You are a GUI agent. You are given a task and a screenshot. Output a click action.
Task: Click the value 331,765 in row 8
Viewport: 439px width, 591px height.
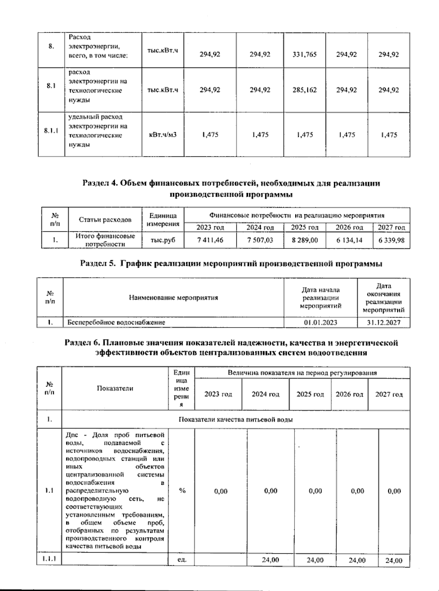pyautogui.click(x=304, y=55)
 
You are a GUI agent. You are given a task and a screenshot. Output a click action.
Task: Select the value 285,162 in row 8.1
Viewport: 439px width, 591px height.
pyautogui.click(x=304, y=90)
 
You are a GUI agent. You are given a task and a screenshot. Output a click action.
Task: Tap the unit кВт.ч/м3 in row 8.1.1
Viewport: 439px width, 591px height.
pyautogui.click(x=162, y=135)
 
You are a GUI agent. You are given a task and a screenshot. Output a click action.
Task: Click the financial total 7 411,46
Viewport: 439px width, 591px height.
pyautogui.click(x=210, y=240)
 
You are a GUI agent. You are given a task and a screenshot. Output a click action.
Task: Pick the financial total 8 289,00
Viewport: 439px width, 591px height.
pyautogui.click(x=304, y=240)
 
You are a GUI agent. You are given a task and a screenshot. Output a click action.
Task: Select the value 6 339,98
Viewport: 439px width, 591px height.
pyautogui.click(x=391, y=240)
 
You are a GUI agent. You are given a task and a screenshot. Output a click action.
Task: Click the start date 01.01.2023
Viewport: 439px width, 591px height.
pyautogui.click(x=320, y=323)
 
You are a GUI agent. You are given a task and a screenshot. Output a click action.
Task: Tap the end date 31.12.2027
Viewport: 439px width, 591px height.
pyautogui.click(x=383, y=323)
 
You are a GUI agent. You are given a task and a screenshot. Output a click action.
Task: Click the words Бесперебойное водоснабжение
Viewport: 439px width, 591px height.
pyautogui.click(x=116, y=323)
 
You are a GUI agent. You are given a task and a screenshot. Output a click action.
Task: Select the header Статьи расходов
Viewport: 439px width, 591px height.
pyautogui.click(x=105, y=220)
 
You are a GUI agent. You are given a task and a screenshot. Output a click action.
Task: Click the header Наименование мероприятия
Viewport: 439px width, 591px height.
pyautogui.click(x=173, y=298)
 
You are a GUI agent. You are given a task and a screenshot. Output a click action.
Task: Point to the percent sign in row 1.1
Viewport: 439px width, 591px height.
pyautogui.click(x=182, y=491)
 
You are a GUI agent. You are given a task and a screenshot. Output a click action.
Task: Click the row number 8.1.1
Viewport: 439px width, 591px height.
pyautogui.click(x=51, y=131)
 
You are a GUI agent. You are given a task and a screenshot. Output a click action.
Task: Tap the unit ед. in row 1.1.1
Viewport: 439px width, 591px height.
pyautogui.click(x=182, y=560)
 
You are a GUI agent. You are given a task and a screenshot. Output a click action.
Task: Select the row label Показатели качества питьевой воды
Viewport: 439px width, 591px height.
pyautogui.click(x=235, y=420)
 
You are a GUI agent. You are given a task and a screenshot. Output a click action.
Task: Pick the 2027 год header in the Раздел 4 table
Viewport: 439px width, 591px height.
pyautogui.click(x=391, y=227)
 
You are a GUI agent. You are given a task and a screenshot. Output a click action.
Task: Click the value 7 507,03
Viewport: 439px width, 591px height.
pyautogui.click(x=260, y=240)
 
